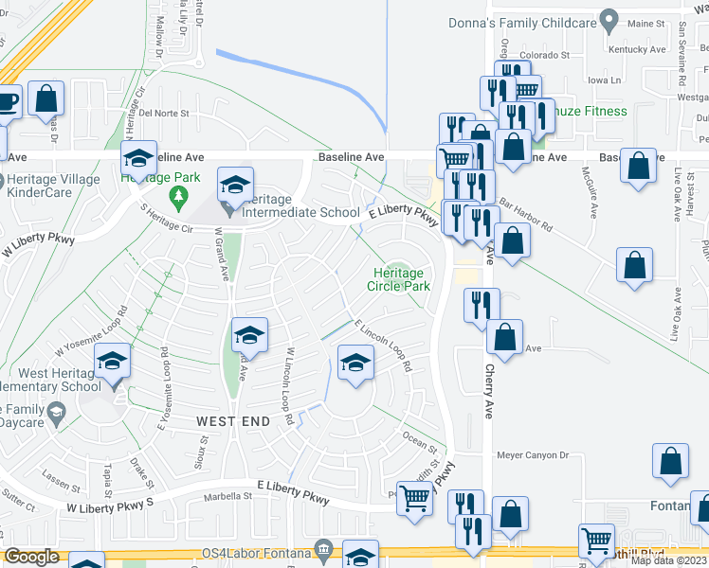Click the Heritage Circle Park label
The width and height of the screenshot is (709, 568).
tap(399, 279)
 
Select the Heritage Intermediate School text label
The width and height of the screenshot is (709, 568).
tap(300, 212)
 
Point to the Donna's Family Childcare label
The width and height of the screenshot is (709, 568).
tap(527, 21)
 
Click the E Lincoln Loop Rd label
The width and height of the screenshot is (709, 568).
tap(384, 345)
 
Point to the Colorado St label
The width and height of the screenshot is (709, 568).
tap(543, 55)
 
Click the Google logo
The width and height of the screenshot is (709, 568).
tap(31, 557)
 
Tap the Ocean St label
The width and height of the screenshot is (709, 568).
tap(422, 441)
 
